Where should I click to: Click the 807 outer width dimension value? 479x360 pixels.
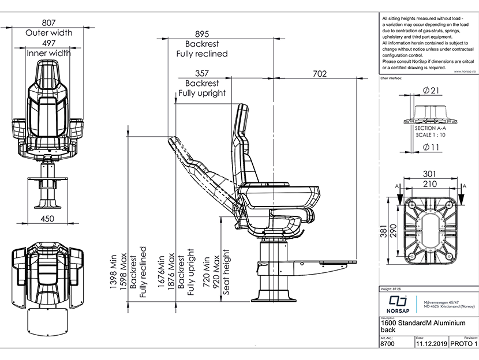[49, 22]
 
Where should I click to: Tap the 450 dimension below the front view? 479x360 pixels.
[49, 218]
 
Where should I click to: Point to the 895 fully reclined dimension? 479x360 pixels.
[201, 34]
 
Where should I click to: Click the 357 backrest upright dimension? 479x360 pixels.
[201, 74]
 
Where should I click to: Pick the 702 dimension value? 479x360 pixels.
[319, 74]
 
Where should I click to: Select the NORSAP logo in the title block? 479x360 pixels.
[397, 303]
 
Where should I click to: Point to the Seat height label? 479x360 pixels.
[226, 272]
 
